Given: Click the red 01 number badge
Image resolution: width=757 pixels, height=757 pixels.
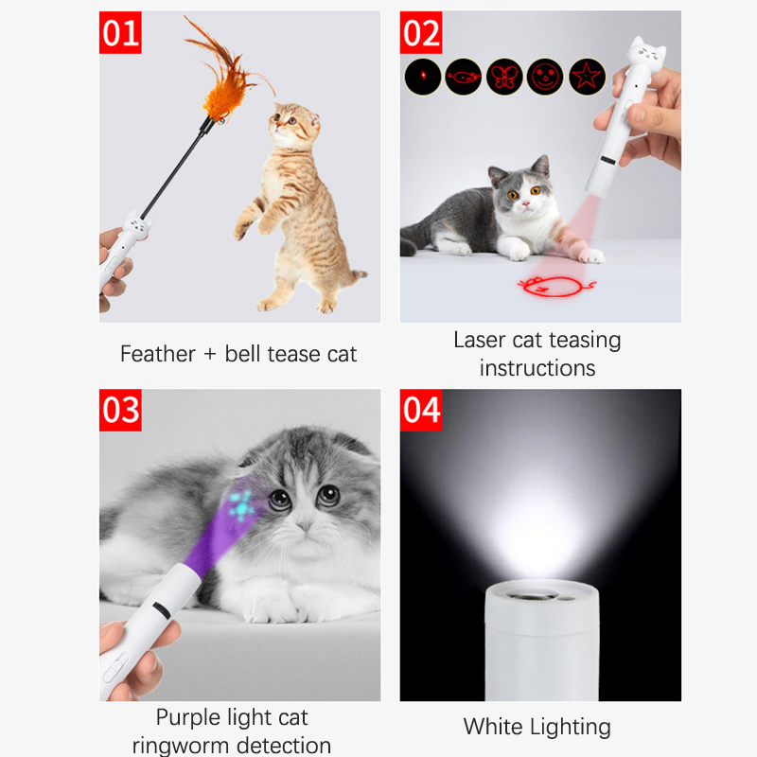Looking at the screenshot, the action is (120, 32).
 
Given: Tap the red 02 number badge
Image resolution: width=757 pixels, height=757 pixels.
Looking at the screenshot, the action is (421, 32).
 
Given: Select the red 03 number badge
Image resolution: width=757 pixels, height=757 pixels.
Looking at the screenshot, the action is (120, 410).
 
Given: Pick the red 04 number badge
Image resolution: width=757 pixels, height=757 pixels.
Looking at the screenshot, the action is (421, 410).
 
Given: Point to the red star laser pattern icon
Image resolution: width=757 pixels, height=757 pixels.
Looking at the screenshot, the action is (587, 77).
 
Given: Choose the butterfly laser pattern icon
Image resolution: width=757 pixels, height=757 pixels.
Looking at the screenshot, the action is (504, 77).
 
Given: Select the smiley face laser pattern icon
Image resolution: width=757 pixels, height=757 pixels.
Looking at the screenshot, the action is (545, 77).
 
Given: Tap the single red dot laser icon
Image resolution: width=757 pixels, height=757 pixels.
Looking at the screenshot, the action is (423, 77).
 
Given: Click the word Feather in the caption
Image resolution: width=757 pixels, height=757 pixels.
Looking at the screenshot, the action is (157, 354).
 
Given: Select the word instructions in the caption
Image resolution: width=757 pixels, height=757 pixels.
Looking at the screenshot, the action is (537, 368).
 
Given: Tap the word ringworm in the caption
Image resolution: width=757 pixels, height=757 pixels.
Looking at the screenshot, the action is (180, 746).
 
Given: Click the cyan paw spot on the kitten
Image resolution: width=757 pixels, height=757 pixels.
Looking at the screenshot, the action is (241, 505).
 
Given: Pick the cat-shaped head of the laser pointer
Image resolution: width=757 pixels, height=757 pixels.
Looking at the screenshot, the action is (646, 54).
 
